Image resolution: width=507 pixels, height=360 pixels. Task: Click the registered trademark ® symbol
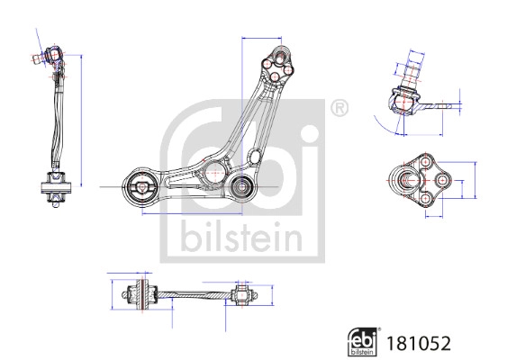point(338,110)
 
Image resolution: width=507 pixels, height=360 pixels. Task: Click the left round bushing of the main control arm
point(142,188)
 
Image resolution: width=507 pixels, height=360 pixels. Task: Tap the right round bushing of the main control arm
point(241,187)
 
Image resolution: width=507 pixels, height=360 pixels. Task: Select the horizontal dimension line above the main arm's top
point(261,39)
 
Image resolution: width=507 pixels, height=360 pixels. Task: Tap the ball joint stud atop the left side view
point(51,58)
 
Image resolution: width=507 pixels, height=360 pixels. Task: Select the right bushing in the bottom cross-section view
point(240,294)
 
